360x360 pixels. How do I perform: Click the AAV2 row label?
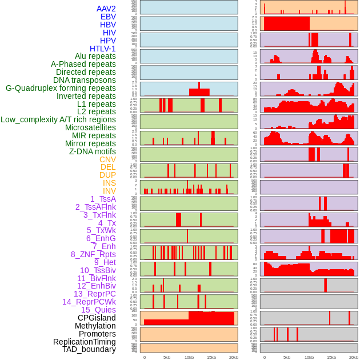[x=106, y=9]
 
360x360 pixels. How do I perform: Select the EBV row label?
[x=108, y=17]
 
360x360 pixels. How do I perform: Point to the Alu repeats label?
[x=95, y=56]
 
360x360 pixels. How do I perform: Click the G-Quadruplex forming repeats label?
[x=61, y=88]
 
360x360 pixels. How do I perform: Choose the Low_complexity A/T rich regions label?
[x=58, y=119]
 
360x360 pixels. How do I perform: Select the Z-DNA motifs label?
[x=93, y=151]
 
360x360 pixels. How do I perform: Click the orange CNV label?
[x=107, y=159]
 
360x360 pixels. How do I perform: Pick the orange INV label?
[x=109, y=191]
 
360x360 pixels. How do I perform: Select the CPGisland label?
[x=97, y=318]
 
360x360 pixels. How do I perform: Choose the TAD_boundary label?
[x=89, y=349]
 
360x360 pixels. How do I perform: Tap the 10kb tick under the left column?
[x=189, y=357]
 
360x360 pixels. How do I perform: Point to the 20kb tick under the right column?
[x=354, y=357]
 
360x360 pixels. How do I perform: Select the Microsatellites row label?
[x=90, y=127]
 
